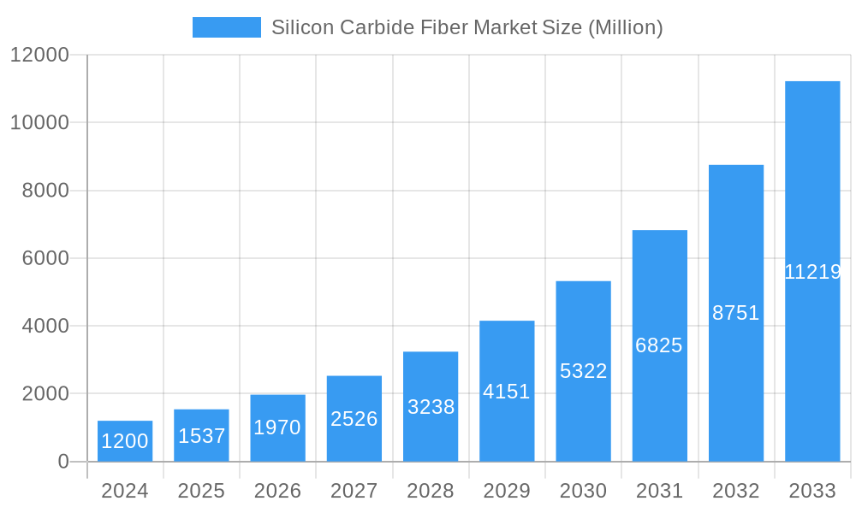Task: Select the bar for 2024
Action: (125, 441)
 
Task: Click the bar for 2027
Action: (354, 419)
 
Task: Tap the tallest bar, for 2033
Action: (812, 271)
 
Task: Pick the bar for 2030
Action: (583, 371)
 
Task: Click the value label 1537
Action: (201, 436)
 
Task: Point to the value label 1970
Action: (277, 427)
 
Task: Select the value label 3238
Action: (431, 407)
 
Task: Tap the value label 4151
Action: (507, 392)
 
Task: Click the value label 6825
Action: (659, 345)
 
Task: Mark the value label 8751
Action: (736, 313)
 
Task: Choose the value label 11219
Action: (812, 272)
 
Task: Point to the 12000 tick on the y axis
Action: (39, 55)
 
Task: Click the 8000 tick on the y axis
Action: (45, 191)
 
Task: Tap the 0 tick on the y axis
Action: (62, 462)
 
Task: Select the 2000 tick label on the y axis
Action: (45, 394)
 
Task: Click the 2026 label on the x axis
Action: (277, 491)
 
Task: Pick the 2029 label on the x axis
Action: (507, 491)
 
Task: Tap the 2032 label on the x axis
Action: (736, 491)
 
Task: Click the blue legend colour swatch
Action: (226, 27)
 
